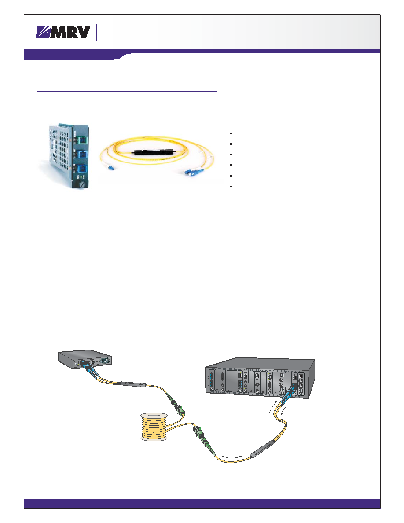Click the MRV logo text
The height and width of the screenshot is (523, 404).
click(x=70, y=32)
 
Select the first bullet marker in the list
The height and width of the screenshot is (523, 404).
click(x=231, y=133)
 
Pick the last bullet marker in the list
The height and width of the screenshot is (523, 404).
click(x=231, y=187)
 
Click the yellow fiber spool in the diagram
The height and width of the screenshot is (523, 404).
click(x=154, y=426)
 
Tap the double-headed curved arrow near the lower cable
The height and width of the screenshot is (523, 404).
click(x=231, y=456)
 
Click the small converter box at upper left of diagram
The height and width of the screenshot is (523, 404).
click(x=85, y=358)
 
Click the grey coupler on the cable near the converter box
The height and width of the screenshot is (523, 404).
click(x=134, y=384)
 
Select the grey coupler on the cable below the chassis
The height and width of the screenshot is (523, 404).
click(x=263, y=449)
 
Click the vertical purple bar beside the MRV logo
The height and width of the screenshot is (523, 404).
click(x=97, y=33)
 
